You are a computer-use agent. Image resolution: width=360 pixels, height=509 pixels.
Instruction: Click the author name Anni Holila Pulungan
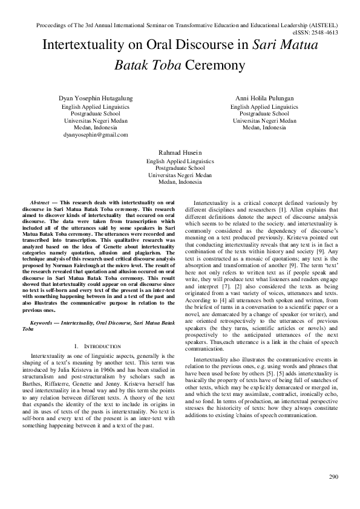tap(264, 98)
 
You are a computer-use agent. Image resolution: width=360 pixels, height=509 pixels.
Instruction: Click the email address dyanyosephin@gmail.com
tap(96, 135)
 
